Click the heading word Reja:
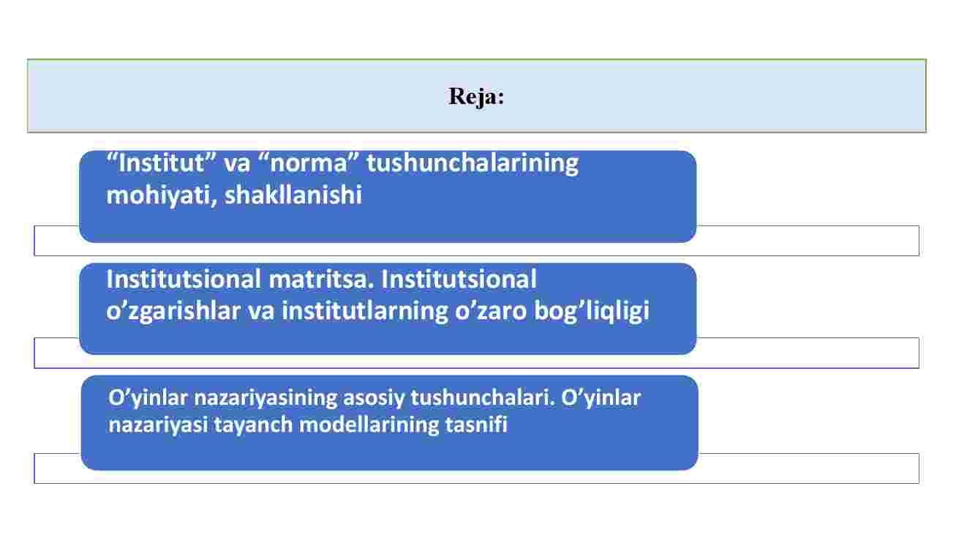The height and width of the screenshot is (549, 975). coord(476,97)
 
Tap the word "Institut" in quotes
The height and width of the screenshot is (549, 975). coord(162,163)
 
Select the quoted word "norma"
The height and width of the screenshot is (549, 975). coord(307,163)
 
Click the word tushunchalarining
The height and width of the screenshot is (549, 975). coord(473,165)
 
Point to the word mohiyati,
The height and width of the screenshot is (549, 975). coord(162,195)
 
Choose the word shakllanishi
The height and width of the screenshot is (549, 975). coord(293,195)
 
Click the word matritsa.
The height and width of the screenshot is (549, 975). coord(321,280)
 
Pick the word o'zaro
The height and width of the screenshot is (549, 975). coord(491,311)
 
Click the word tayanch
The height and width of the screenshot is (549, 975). coord(253,425)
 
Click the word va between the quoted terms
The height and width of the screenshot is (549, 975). coord(237,164)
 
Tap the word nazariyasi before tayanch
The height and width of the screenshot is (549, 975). coord(158,425)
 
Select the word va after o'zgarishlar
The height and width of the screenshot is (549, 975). coord(261,312)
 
